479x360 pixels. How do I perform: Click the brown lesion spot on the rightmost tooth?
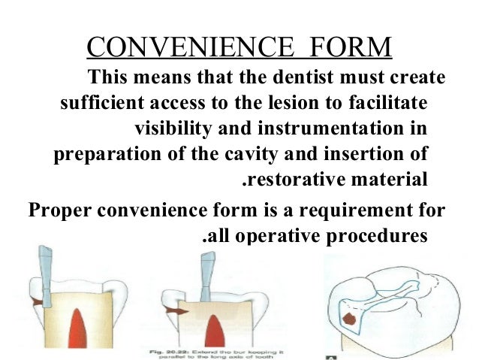pos(348,319)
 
